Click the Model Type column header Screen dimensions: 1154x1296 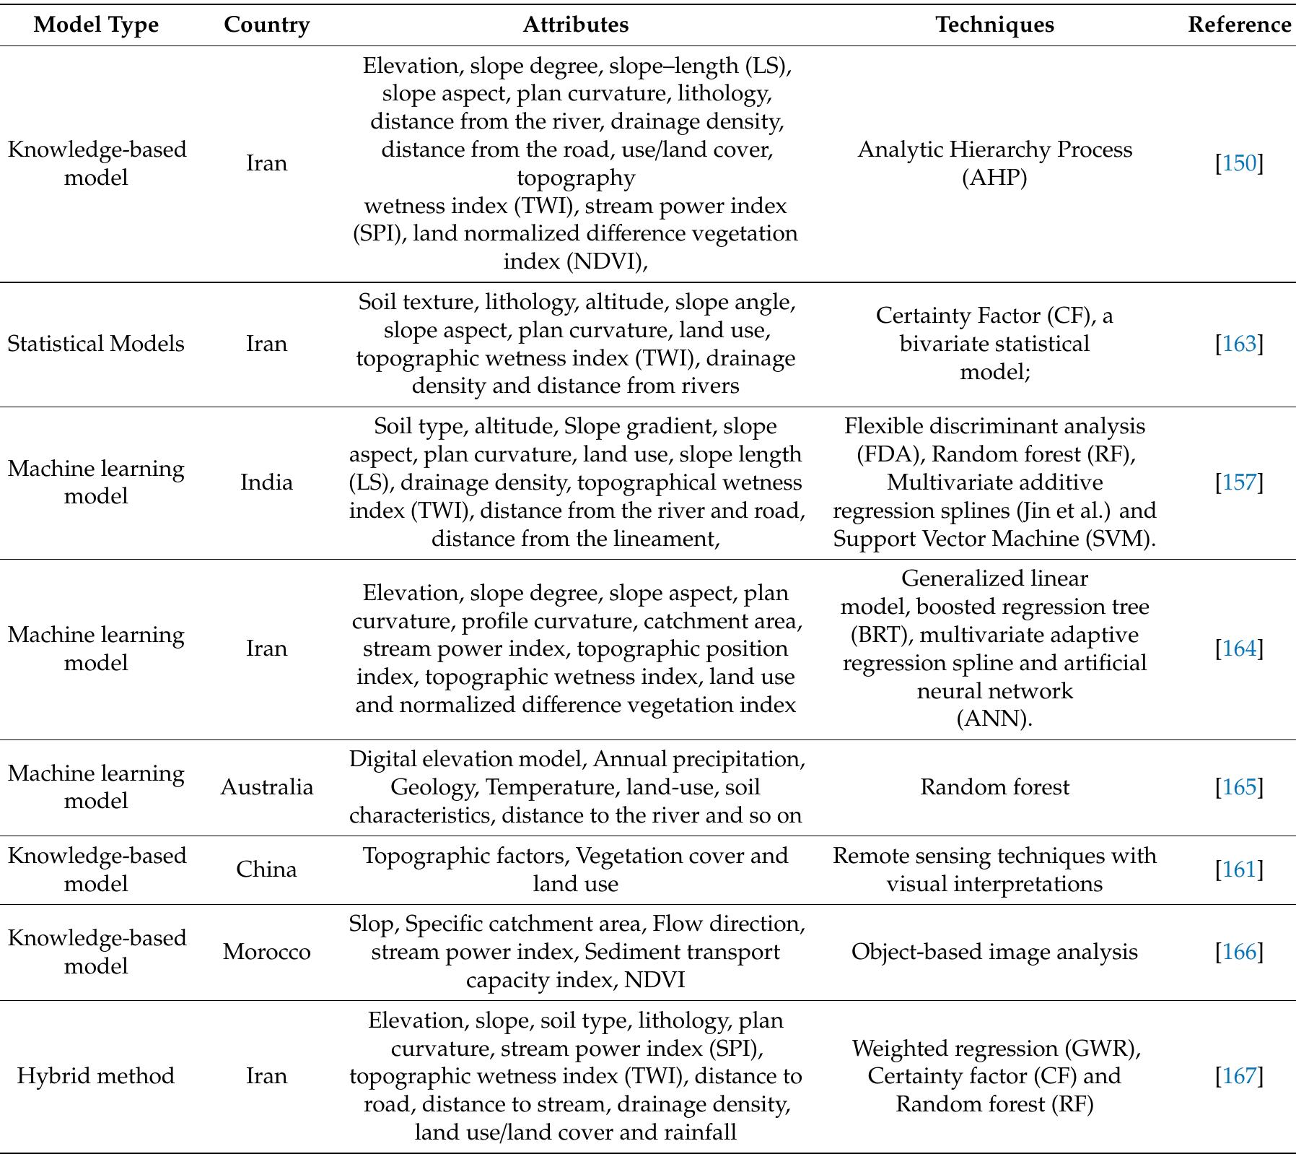pyautogui.click(x=96, y=25)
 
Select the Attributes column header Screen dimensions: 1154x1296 pyautogui.click(x=575, y=25)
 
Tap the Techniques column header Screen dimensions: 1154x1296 pyautogui.click(x=994, y=25)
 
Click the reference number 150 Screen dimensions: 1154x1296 pyautogui.click(x=1239, y=163)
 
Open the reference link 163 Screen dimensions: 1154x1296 pyautogui.click(x=1239, y=344)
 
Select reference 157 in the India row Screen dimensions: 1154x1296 pyautogui.click(x=1239, y=482)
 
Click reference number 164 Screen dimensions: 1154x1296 pyautogui.click(x=1239, y=648)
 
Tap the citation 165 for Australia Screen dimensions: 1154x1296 pyautogui.click(x=1239, y=787)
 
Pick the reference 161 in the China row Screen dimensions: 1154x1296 pyautogui.click(x=1239, y=869)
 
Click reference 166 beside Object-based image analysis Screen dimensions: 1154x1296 pyautogui.click(x=1239, y=952)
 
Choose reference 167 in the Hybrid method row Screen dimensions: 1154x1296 pyautogui.click(x=1239, y=1076)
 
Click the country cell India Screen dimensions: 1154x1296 pyautogui.click(x=266, y=482)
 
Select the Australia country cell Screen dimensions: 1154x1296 pyautogui.click(x=266, y=787)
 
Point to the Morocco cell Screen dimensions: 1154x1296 pyautogui.click(x=266, y=952)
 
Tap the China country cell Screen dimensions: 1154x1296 pyautogui.click(x=266, y=869)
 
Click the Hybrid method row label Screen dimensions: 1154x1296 pyautogui.click(x=96, y=1076)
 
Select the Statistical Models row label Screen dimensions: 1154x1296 pyautogui.click(x=96, y=344)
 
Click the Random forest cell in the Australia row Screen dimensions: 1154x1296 pyautogui.click(x=994, y=787)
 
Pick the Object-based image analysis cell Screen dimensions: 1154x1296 pyautogui.click(x=994, y=952)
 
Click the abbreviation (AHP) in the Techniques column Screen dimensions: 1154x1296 pyautogui.click(x=994, y=178)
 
